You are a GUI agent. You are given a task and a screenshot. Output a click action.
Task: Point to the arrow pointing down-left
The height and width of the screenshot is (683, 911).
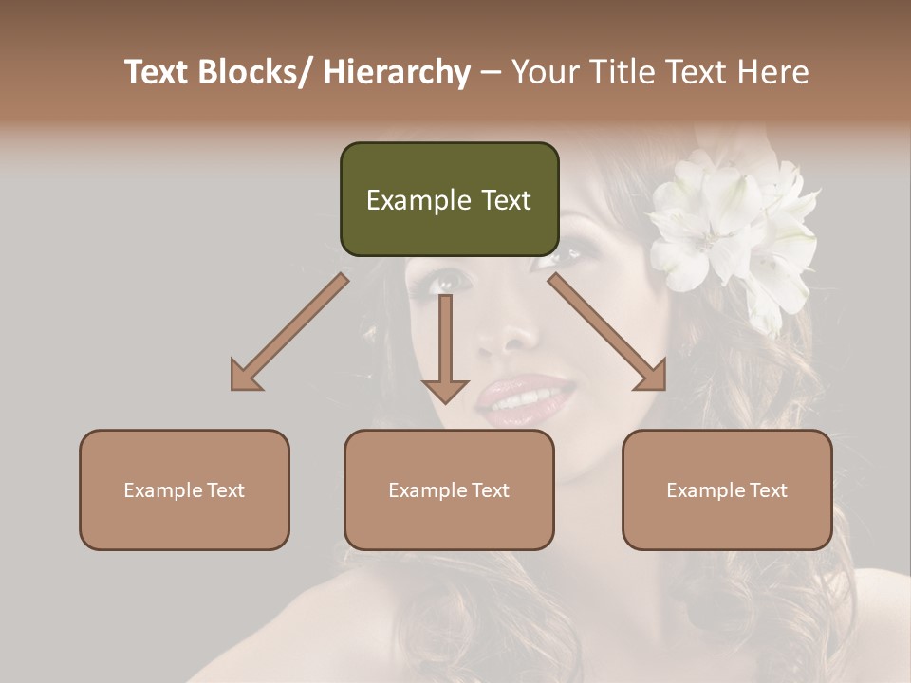[x=289, y=332]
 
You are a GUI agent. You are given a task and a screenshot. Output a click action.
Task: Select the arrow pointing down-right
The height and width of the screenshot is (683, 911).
[x=607, y=332]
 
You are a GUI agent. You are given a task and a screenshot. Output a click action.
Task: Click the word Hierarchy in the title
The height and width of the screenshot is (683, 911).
[x=397, y=72]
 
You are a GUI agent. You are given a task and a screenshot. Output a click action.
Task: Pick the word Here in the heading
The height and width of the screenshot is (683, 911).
[x=770, y=72]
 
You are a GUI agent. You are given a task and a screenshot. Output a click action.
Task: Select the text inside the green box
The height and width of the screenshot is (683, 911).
[x=449, y=200]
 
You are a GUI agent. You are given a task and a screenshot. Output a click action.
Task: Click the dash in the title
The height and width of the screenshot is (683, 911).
[x=490, y=72]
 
